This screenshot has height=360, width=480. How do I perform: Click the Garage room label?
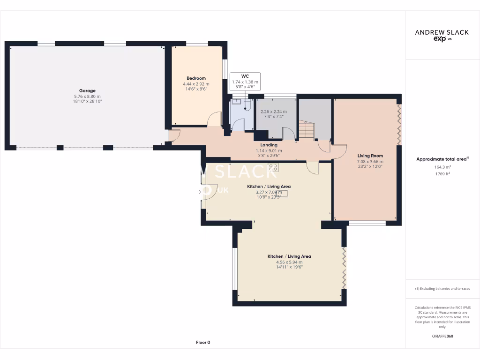pos(87,91)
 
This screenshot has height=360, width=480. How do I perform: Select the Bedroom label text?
pos(196,78)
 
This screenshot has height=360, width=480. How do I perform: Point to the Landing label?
pos(269,145)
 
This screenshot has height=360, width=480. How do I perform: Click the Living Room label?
pos(370,156)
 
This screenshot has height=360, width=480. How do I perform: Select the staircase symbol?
pos(306,130)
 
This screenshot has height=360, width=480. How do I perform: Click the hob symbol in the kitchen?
pos(273,167)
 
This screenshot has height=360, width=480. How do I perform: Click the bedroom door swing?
pos(214,120)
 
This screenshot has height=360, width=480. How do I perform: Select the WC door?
pos(239,125)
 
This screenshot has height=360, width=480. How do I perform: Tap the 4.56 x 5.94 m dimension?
pos(289,262)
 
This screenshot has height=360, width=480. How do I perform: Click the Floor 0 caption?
pos(202,343)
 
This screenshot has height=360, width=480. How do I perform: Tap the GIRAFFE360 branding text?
pos(442,336)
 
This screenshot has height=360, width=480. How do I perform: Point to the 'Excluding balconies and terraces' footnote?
pos(442,289)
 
